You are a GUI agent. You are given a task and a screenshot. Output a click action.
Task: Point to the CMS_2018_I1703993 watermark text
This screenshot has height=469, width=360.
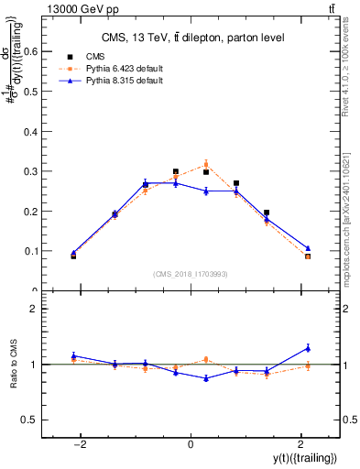tap(191, 274)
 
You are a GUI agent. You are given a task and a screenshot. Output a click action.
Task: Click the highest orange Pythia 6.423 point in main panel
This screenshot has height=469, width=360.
tap(206, 165)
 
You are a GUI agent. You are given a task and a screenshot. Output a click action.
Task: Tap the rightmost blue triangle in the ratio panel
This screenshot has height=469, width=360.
tap(308, 348)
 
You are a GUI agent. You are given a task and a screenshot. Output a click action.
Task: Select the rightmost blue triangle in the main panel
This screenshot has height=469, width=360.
tap(308, 248)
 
